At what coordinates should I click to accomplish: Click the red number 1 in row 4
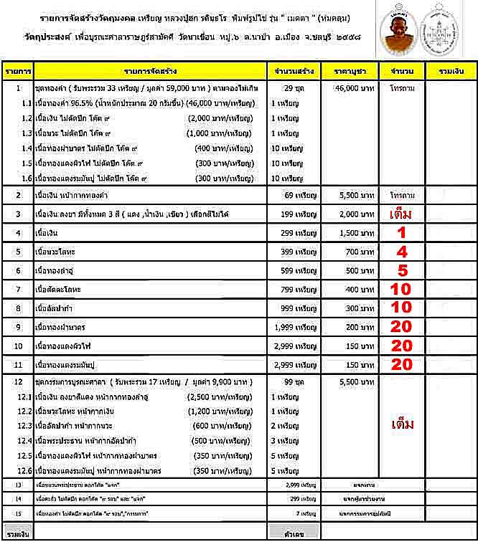(401, 232)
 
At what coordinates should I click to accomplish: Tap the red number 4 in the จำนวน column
(401, 252)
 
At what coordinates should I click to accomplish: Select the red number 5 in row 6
(401, 270)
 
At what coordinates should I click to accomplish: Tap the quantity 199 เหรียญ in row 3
(291, 214)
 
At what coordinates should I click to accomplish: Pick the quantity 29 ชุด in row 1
(291, 90)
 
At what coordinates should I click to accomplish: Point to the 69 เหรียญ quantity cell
(291, 195)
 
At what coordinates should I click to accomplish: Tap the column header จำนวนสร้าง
(291, 72)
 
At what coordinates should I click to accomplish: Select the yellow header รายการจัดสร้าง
(148, 72)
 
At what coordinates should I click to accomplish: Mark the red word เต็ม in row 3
(402, 214)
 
